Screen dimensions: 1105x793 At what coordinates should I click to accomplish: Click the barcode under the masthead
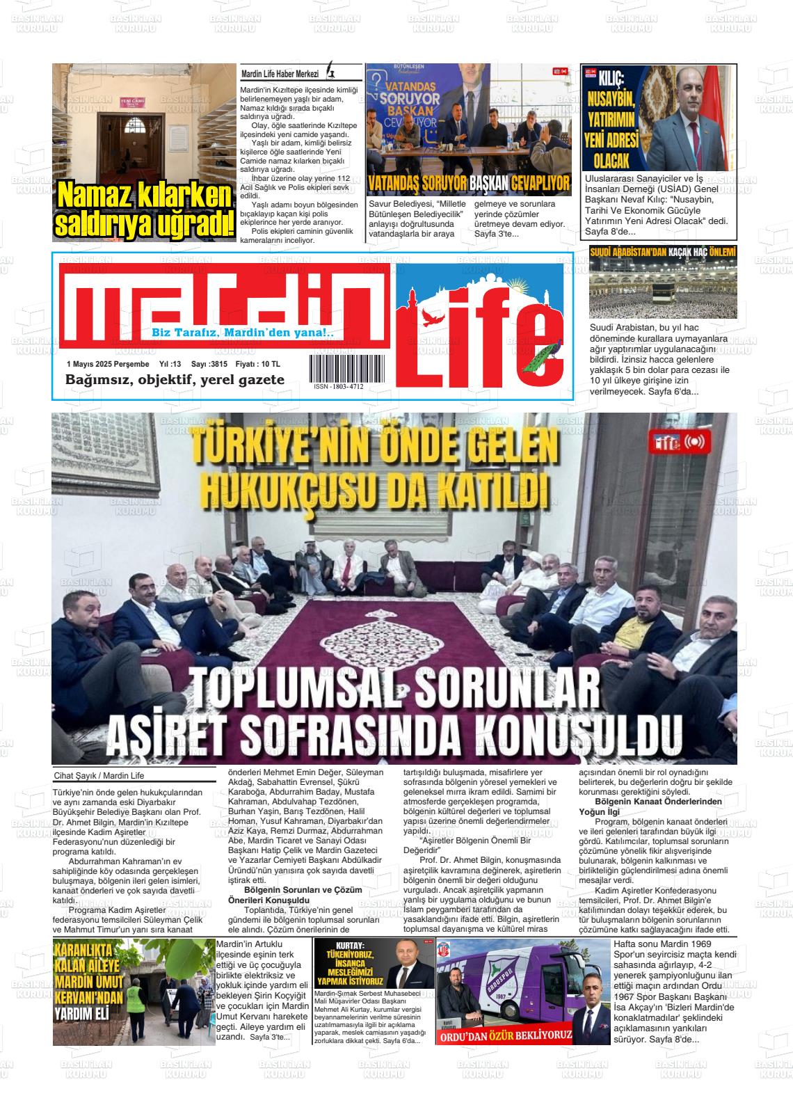coord(338,368)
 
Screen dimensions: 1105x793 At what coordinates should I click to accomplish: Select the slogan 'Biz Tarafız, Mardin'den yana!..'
coord(243,333)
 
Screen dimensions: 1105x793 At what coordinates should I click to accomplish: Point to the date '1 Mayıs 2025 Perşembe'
coord(108,364)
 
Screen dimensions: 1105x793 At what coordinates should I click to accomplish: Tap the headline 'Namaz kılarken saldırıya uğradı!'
coord(145,209)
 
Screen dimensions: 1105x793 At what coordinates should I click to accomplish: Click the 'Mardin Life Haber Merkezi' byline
coord(280,74)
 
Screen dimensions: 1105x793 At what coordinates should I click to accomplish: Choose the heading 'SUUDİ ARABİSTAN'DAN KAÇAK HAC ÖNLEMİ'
coord(662,253)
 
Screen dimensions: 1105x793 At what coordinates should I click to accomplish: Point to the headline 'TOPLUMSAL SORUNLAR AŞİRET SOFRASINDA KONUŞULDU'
coord(394,709)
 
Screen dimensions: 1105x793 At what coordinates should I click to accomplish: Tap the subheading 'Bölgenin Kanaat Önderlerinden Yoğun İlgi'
coord(652,806)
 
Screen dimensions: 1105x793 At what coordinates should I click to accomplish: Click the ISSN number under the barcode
coord(338,386)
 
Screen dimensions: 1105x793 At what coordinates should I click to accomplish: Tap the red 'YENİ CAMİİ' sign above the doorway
coord(131,102)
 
